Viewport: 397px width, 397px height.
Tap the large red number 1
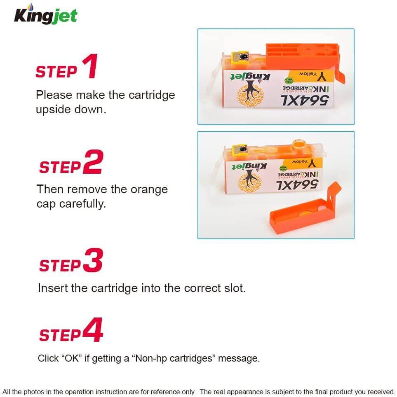[x=89, y=67]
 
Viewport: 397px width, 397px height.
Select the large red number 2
[x=93, y=163]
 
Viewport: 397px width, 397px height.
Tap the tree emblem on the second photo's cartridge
[x=249, y=181]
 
